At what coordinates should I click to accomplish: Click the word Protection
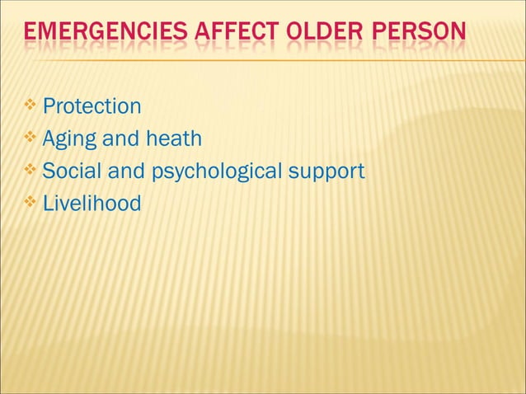(x=92, y=107)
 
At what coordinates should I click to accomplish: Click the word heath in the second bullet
(x=172, y=138)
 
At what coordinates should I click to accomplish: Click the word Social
(x=68, y=171)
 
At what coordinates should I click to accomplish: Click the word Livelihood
(x=92, y=203)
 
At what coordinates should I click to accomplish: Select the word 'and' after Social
(x=118, y=171)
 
